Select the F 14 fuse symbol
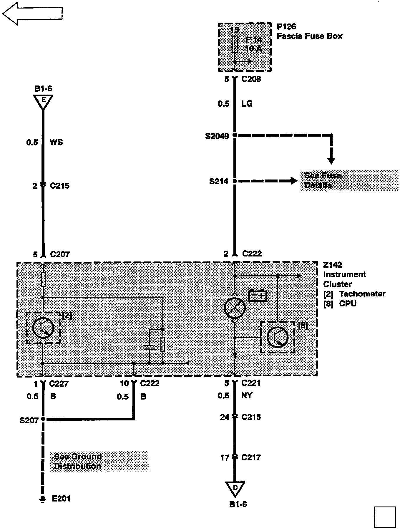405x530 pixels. pyautogui.click(x=235, y=44)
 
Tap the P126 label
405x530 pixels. pyautogui.click(x=286, y=27)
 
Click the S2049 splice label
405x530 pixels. pyautogui.click(x=217, y=136)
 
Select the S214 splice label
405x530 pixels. pyautogui.click(x=219, y=181)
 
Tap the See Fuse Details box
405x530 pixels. pyautogui.click(x=349, y=181)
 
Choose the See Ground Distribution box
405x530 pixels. pyautogui.click(x=99, y=462)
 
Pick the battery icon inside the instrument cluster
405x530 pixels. pyautogui.click(x=258, y=296)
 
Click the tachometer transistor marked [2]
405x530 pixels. pyautogui.click(x=43, y=328)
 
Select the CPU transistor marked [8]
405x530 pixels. pyautogui.click(x=277, y=337)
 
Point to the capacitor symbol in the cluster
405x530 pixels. pyautogui.click(x=150, y=346)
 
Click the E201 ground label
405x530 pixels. pyautogui.click(x=61, y=499)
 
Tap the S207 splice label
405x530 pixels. pyautogui.click(x=29, y=420)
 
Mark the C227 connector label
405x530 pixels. pyautogui.click(x=59, y=384)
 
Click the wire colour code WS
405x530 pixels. pyautogui.click(x=56, y=142)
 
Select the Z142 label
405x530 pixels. pyautogui.click(x=332, y=265)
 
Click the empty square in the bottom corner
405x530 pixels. pyautogui.click(x=385, y=517)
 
